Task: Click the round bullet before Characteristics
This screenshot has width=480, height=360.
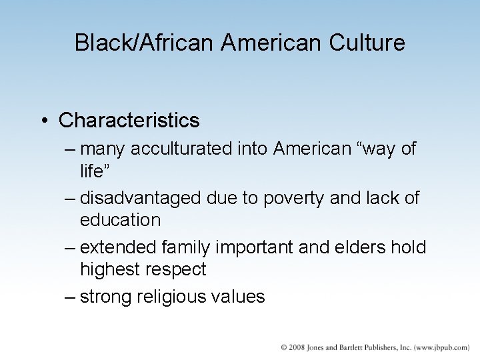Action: point(44,121)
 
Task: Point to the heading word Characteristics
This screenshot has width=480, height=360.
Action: point(129,121)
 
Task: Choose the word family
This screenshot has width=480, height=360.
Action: point(182,248)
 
